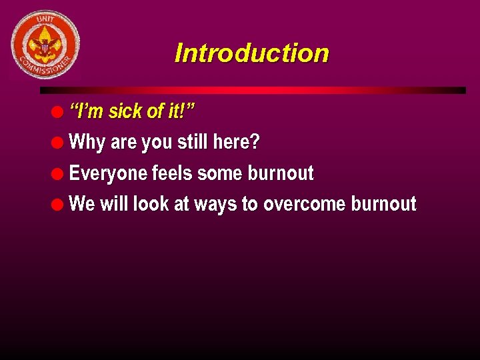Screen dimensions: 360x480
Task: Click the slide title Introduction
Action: pyautogui.click(x=251, y=53)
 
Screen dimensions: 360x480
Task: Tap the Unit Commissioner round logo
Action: pyautogui.click(x=45, y=44)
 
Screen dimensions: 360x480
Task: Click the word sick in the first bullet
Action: pyautogui.click(x=125, y=111)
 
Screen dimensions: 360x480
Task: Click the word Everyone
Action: pyautogui.click(x=108, y=174)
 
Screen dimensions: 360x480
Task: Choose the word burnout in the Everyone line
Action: pyautogui.click(x=281, y=173)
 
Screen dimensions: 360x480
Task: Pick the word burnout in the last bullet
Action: pyautogui.click(x=383, y=204)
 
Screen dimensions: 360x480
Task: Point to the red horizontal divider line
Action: pyautogui.click(x=253, y=90)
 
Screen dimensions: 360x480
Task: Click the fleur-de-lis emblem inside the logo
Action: pyautogui.click(x=45, y=45)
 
